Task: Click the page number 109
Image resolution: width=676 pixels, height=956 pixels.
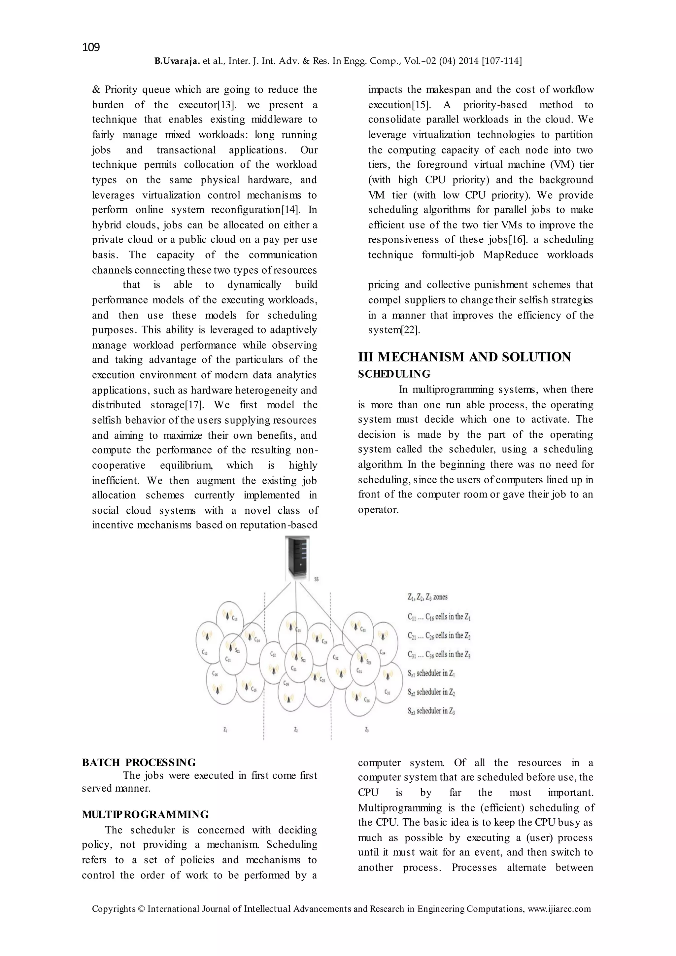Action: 91,47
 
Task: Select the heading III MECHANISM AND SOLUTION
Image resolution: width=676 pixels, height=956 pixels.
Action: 464,357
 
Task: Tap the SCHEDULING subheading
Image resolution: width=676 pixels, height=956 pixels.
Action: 394,374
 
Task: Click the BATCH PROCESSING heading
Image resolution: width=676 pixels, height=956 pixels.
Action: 139,762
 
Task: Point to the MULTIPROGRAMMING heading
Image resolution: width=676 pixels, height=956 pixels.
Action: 145,814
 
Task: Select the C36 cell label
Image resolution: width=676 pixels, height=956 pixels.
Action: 367,700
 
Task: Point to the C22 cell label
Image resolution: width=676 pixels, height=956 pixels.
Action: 273,654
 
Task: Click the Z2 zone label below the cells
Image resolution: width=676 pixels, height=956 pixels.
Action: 295,730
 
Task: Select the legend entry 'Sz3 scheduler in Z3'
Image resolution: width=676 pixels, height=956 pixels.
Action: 431,711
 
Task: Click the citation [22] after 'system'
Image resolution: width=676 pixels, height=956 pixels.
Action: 410,330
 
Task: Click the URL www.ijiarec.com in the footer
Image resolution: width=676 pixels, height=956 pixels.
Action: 559,909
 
